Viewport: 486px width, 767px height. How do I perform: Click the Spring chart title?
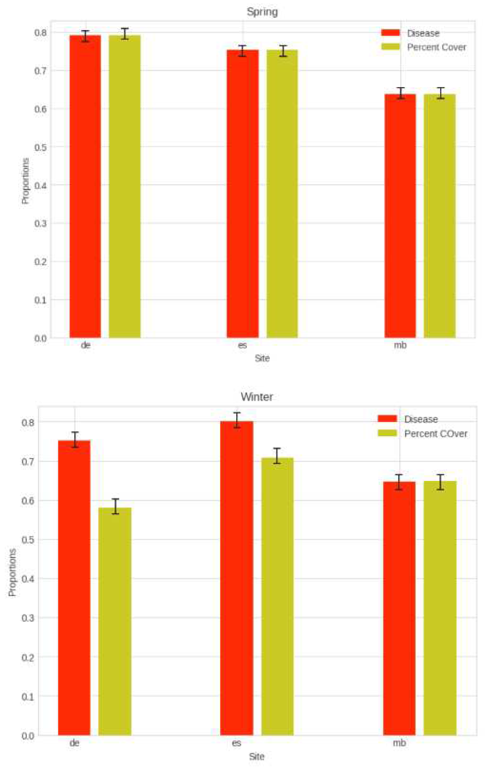pos(262,12)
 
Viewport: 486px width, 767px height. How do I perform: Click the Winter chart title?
pos(257,397)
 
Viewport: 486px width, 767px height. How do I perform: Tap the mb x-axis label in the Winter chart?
pos(399,743)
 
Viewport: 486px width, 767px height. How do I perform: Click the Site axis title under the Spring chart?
pos(262,358)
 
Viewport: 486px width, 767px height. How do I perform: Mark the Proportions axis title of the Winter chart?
pos(12,572)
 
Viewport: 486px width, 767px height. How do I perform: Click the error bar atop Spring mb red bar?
pos(401,93)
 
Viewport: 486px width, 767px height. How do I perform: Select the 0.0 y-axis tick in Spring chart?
pos(40,338)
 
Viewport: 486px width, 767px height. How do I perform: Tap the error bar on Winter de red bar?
pos(75,440)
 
